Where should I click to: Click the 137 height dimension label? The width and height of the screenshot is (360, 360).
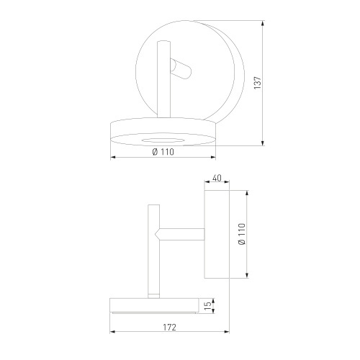pyautogui.click(x=258, y=83)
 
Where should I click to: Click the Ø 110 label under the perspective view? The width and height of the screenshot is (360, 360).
pyautogui.click(x=163, y=152)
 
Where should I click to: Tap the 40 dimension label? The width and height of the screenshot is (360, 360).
pyautogui.click(x=217, y=178)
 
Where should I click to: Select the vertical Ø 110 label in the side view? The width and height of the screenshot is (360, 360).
pyautogui.click(x=242, y=234)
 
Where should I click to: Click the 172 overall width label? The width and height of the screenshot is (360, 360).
pyautogui.click(x=170, y=328)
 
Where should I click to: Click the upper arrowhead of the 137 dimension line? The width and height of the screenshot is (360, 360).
pyautogui.click(x=263, y=23)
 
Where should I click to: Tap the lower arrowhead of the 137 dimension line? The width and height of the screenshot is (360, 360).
pyautogui.click(x=263, y=143)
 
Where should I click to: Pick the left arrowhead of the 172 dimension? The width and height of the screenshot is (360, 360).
pyautogui.click(x=112, y=332)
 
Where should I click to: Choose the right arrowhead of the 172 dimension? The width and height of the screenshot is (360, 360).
pyautogui.click(x=226, y=332)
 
